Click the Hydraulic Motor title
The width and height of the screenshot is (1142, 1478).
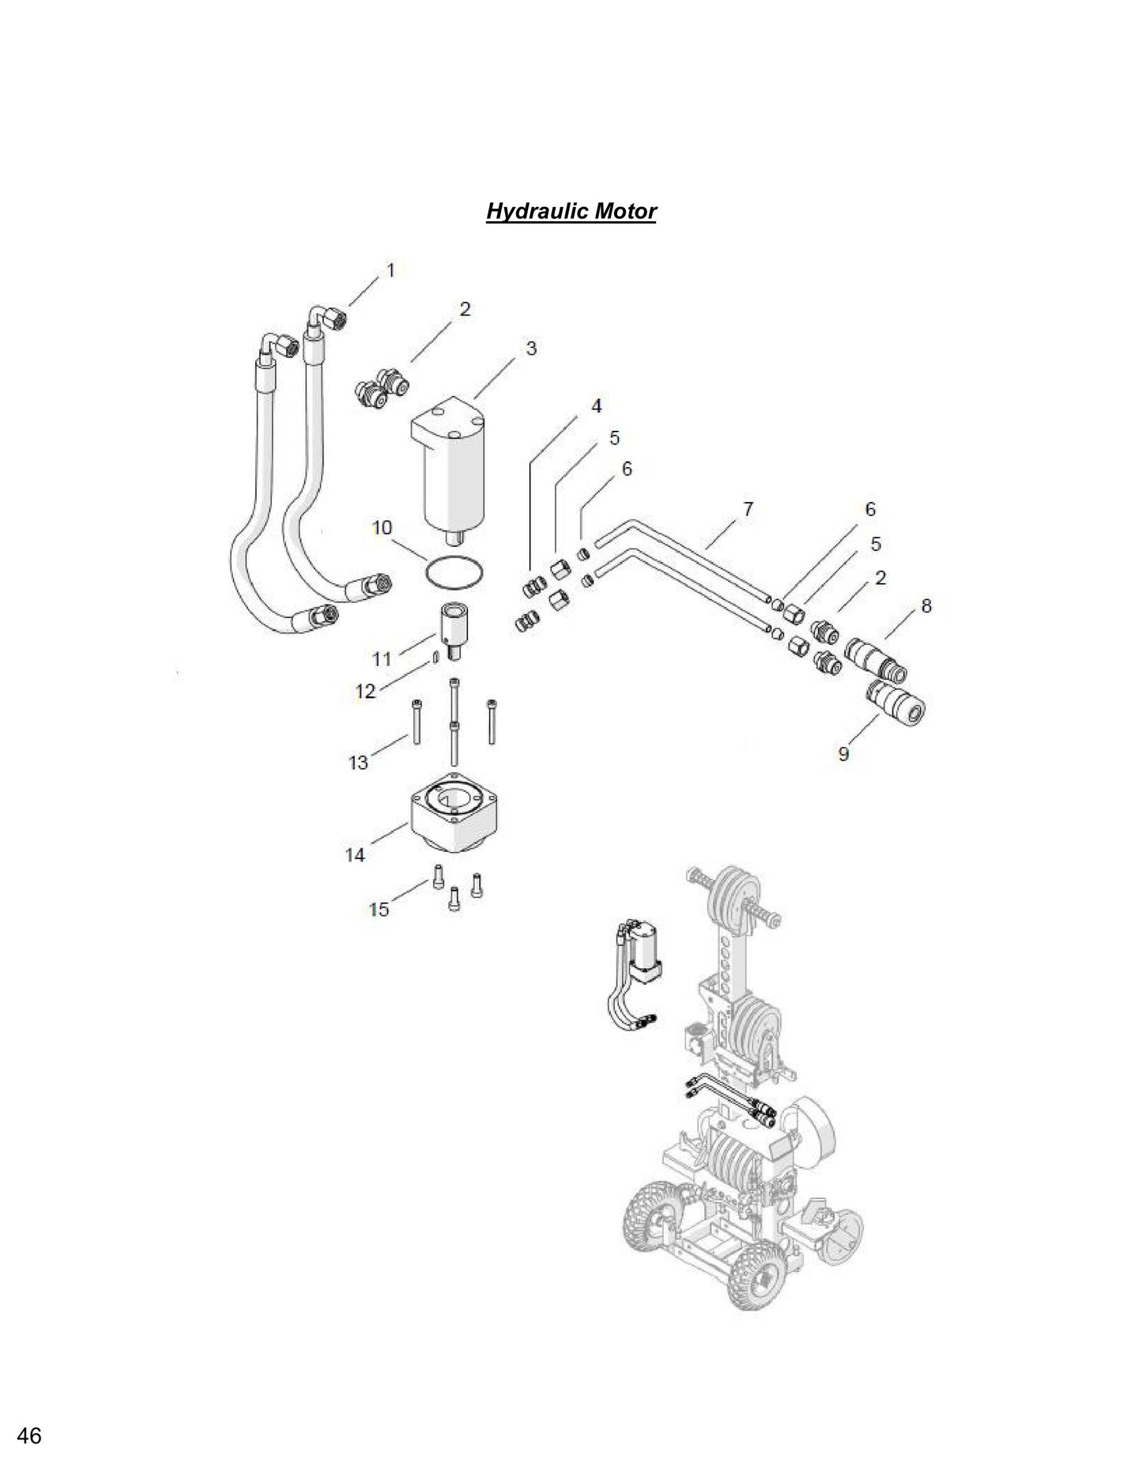(571, 212)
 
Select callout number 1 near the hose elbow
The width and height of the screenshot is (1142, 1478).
(390, 270)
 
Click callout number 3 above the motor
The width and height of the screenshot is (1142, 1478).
(532, 348)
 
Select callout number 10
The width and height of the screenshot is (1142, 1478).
(382, 527)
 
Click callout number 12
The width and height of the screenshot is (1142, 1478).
(365, 692)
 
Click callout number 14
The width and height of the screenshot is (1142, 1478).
(355, 854)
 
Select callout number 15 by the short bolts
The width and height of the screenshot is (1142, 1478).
(379, 909)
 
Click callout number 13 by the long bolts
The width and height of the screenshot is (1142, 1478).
(359, 762)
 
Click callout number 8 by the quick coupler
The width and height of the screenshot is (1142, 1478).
(926, 605)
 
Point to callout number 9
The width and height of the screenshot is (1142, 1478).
(844, 753)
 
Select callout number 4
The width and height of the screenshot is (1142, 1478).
(597, 405)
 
